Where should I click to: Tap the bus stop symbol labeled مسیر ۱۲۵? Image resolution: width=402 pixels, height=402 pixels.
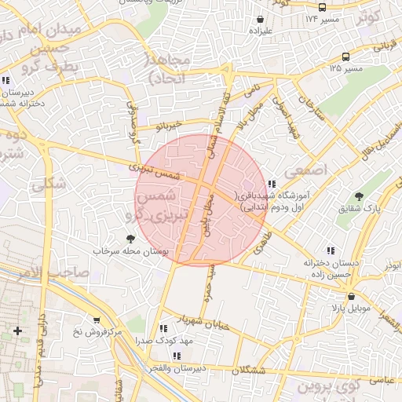tap(345, 57)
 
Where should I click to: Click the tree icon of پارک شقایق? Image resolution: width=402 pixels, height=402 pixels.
tap(360, 196)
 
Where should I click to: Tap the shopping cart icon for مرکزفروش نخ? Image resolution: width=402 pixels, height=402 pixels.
tap(96, 320)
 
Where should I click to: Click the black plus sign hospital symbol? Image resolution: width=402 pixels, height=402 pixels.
tap(17, 331)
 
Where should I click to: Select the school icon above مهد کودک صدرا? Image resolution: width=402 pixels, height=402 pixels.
tap(163, 329)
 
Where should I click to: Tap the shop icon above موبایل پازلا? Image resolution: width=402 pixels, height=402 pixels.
tap(350, 297)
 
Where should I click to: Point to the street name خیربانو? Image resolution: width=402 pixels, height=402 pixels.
tap(168, 125)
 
